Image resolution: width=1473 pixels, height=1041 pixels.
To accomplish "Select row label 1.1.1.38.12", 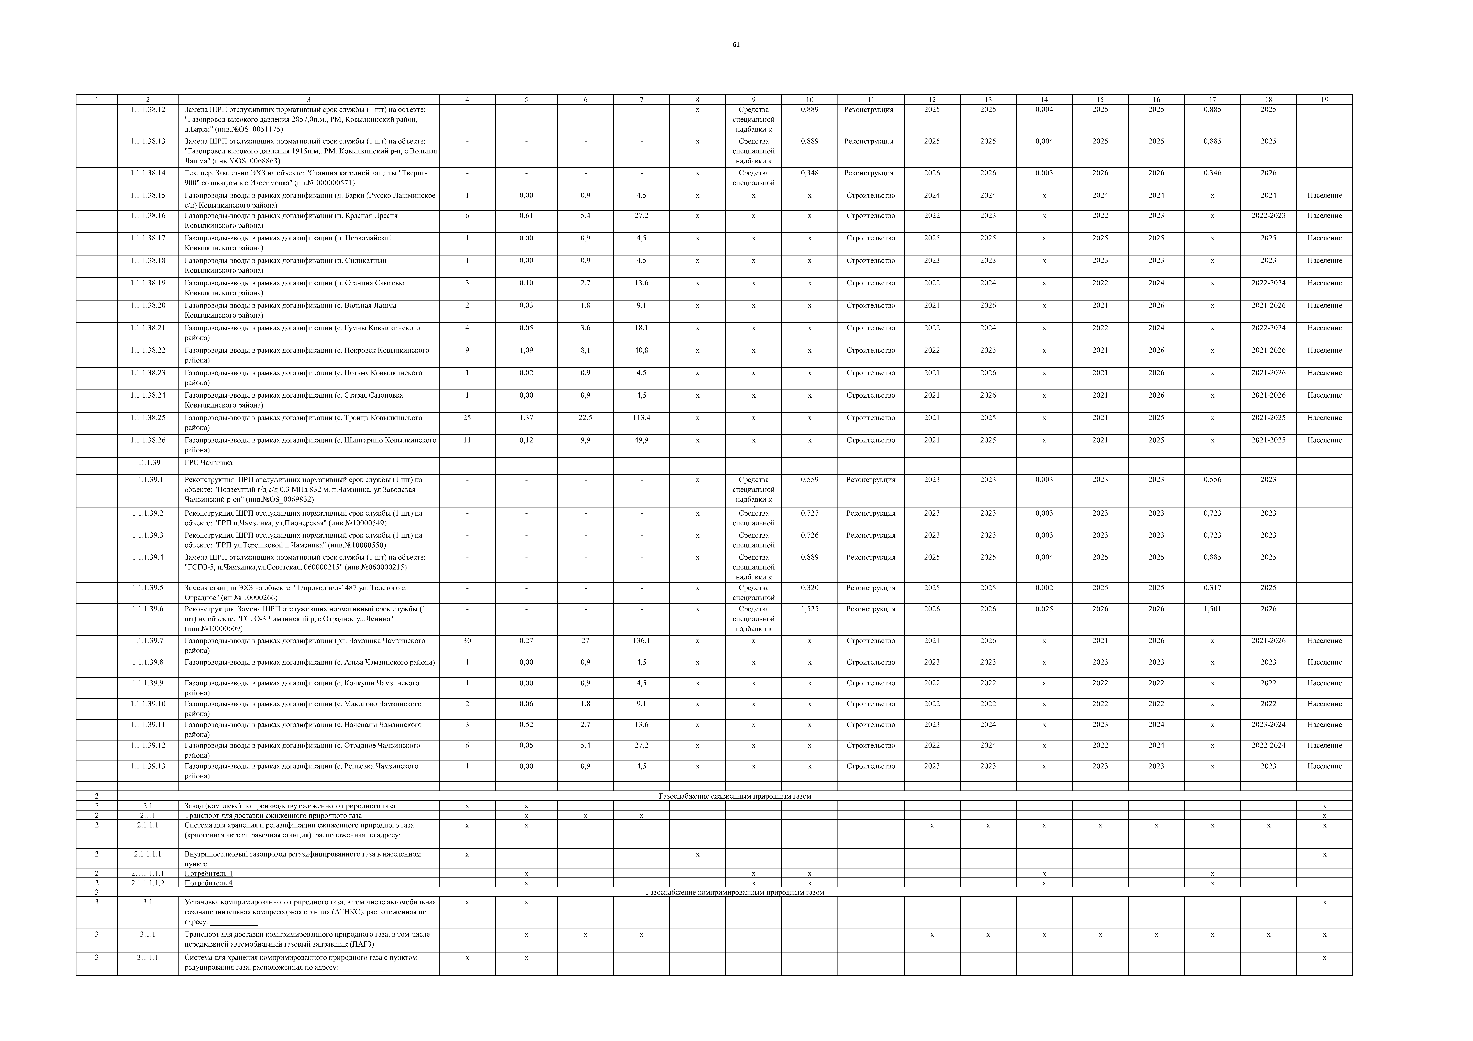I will click(x=148, y=110).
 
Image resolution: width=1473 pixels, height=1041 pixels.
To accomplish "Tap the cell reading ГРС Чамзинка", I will click(x=209, y=462).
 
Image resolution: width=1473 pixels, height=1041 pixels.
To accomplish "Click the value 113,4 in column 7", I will click(x=641, y=418).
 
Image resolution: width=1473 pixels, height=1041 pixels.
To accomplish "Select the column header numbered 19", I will click(x=1324, y=99).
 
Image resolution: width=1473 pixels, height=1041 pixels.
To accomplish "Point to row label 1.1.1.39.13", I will click(x=148, y=766).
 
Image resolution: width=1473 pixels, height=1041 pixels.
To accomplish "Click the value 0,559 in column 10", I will click(x=810, y=480).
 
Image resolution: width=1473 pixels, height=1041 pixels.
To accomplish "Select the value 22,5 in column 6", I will click(x=585, y=418).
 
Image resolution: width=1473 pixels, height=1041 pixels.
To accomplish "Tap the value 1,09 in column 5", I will click(x=526, y=350).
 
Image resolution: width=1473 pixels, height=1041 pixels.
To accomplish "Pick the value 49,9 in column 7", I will click(x=641, y=440).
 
